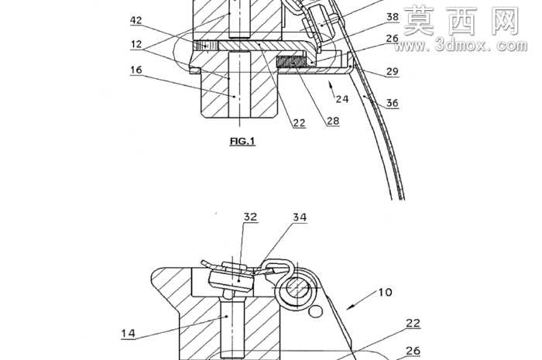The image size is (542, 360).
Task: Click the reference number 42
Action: click(x=136, y=20)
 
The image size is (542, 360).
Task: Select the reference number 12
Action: click(x=136, y=44)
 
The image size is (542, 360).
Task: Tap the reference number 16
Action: click(x=136, y=70)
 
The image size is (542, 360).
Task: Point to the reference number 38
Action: click(x=393, y=17)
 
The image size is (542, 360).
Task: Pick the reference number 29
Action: click(x=393, y=71)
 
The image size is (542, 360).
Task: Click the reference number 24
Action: click(x=342, y=99)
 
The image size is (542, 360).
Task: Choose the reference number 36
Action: click(x=393, y=103)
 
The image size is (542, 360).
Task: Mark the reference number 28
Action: click(x=333, y=121)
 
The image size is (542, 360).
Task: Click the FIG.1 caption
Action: click(x=242, y=141)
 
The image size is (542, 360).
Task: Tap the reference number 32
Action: click(x=251, y=217)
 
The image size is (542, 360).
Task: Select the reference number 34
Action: click(x=300, y=218)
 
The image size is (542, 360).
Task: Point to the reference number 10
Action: click(x=385, y=293)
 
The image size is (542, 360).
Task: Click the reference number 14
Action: click(x=128, y=334)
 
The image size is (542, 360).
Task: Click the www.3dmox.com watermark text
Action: click(x=461, y=45)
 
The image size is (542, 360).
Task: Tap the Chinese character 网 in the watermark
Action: click(x=506, y=22)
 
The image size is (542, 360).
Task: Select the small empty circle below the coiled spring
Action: click(x=315, y=312)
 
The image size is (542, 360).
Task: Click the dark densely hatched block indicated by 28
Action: click(x=291, y=62)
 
